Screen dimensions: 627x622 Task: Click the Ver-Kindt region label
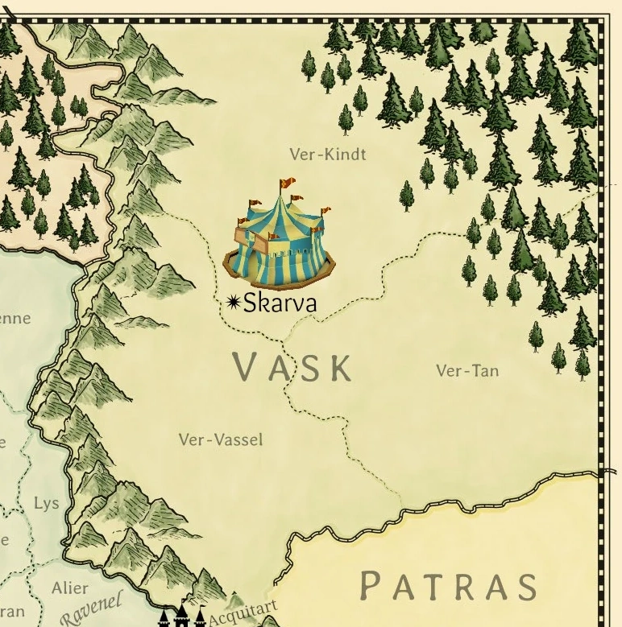tap(327, 154)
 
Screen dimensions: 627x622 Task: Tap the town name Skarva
tap(280, 303)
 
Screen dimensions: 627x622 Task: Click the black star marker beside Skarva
tap(234, 302)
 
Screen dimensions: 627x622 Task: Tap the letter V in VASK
tap(247, 367)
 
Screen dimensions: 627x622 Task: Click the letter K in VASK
tap(341, 367)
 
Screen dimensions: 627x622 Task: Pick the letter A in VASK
tap(279, 367)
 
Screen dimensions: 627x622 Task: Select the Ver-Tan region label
tap(467, 370)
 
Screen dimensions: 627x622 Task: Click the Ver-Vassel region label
tap(221, 439)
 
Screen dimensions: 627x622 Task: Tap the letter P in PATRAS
tap(371, 585)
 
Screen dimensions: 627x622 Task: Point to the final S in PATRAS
tap(526, 585)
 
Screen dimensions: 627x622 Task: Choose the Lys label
tap(46, 504)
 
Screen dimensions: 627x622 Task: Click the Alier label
tap(70, 588)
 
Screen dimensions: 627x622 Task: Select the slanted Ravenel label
tap(91, 608)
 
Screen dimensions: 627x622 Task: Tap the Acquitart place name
tap(242, 613)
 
